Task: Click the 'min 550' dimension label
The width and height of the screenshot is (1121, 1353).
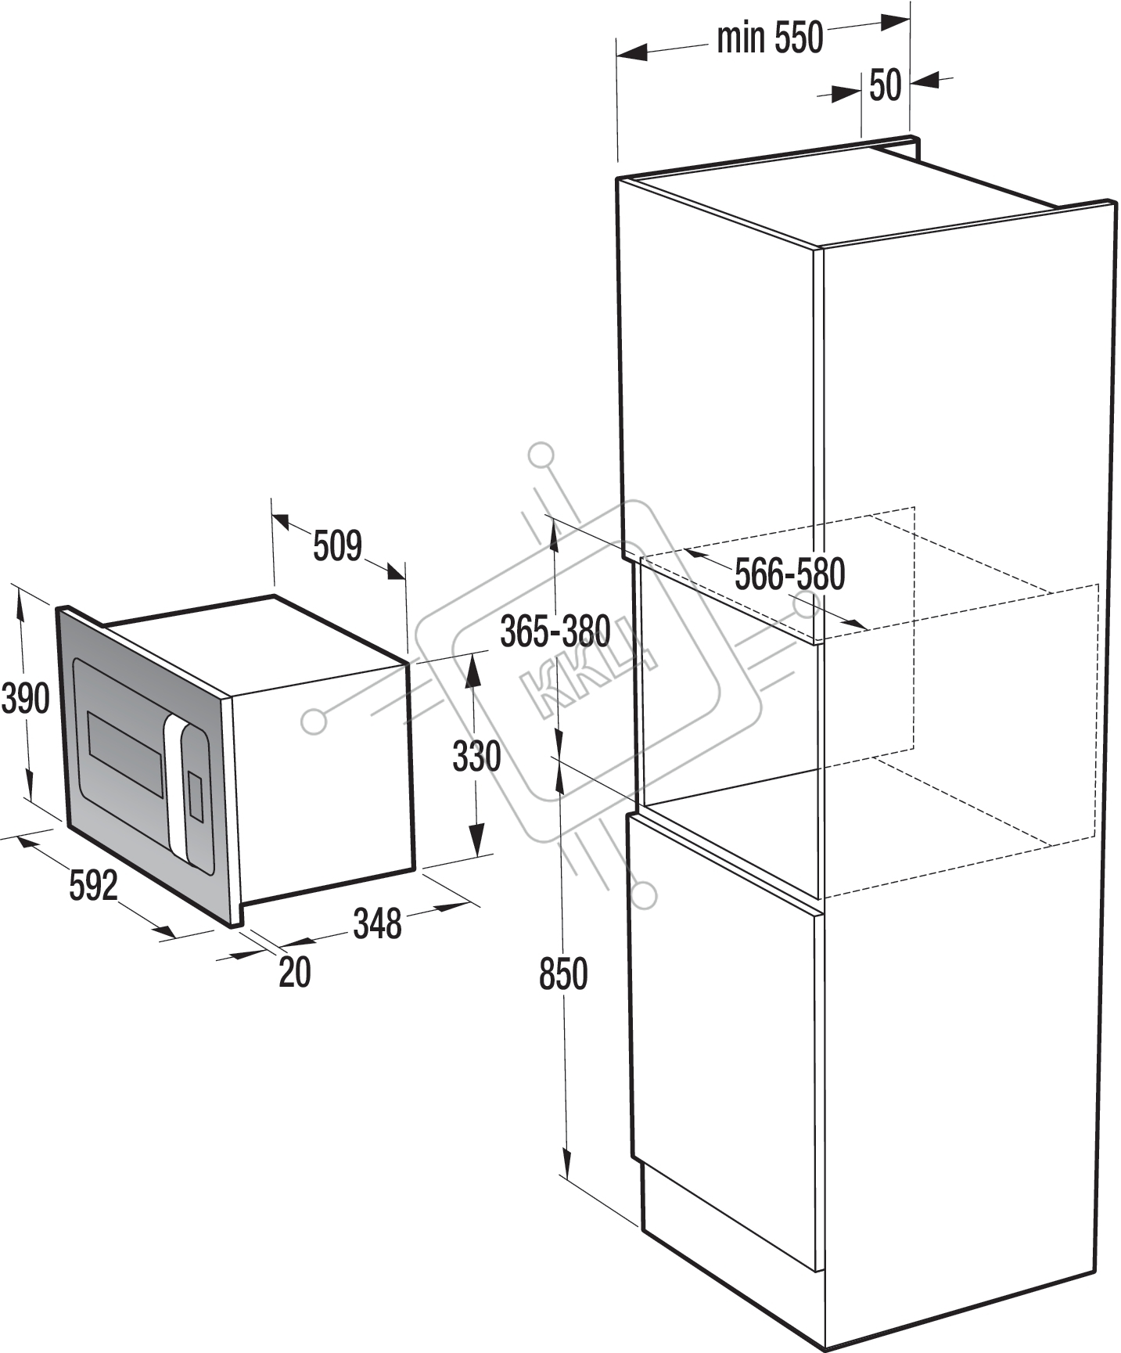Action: tap(771, 38)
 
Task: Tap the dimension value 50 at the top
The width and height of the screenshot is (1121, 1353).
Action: tap(886, 85)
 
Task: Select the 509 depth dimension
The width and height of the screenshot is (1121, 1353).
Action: tap(337, 545)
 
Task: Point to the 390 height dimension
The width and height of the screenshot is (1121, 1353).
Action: tap(25, 698)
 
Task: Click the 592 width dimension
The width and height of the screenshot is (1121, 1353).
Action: tap(93, 885)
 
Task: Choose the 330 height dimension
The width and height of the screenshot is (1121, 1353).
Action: tap(476, 757)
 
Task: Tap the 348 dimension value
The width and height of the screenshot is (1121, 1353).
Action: tap(377, 923)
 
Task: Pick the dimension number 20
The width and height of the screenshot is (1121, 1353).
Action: tap(295, 973)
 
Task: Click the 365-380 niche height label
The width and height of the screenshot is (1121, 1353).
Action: tap(555, 631)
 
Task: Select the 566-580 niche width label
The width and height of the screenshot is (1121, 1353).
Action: tap(790, 574)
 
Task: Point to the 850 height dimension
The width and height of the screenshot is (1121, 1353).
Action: tap(563, 974)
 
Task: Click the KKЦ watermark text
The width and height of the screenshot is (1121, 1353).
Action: tap(595, 671)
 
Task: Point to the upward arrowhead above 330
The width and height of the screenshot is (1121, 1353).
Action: tap(472, 672)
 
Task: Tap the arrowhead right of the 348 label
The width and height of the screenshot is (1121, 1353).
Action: tap(451, 906)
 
